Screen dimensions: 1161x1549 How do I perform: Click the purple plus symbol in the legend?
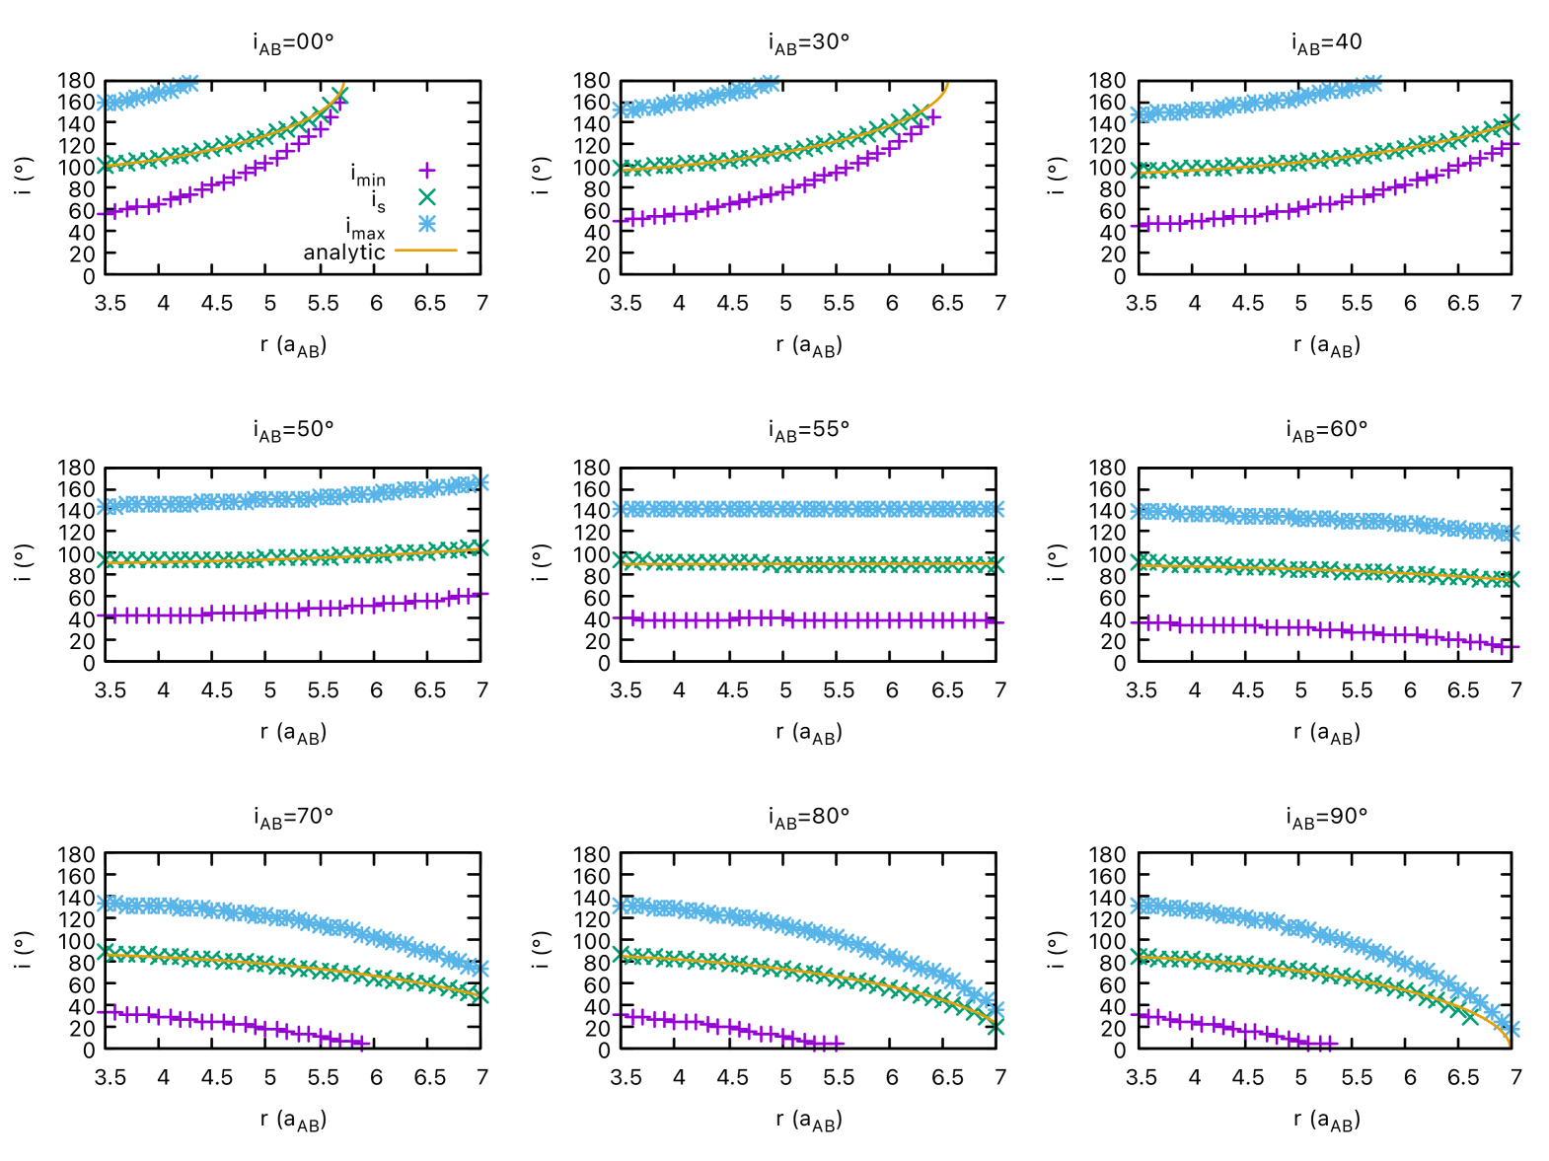coord(426,170)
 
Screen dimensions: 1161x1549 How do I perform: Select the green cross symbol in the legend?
coord(426,197)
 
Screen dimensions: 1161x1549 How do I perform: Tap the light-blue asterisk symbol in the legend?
coord(426,224)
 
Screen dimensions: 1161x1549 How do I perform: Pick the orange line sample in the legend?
coord(426,251)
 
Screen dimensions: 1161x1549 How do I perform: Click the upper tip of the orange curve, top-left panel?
coord(344,84)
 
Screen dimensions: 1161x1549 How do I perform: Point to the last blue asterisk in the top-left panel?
coord(189,81)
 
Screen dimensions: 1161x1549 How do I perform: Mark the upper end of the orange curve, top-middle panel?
coord(947,84)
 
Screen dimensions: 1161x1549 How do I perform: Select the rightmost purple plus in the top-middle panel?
coord(933,117)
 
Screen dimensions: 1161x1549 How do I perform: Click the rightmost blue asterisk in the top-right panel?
coord(1371,82)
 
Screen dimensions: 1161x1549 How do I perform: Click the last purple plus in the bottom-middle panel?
coord(837,1044)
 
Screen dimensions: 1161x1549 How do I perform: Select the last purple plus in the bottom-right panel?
coord(1329,1044)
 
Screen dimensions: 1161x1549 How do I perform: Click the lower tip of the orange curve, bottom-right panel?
coord(1510,1045)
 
